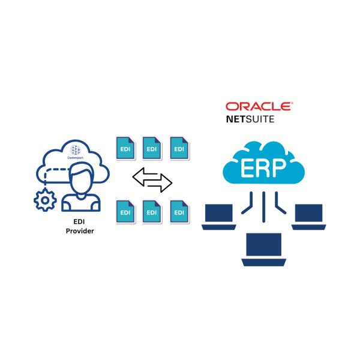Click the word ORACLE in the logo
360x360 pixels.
(259, 106)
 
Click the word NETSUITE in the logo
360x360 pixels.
(250, 119)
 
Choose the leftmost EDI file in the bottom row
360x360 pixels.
(125, 211)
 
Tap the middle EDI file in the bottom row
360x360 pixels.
(151, 211)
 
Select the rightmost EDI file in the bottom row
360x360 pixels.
(179, 211)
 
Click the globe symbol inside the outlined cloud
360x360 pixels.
(74, 150)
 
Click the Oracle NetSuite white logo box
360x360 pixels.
(258, 112)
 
